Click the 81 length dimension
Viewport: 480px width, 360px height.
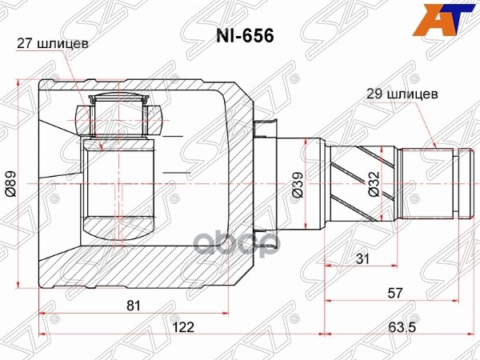[133, 305]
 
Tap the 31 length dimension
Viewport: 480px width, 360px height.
[362, 259]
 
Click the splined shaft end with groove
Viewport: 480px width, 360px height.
[432, 183]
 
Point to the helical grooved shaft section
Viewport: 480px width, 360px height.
[360, 183]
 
